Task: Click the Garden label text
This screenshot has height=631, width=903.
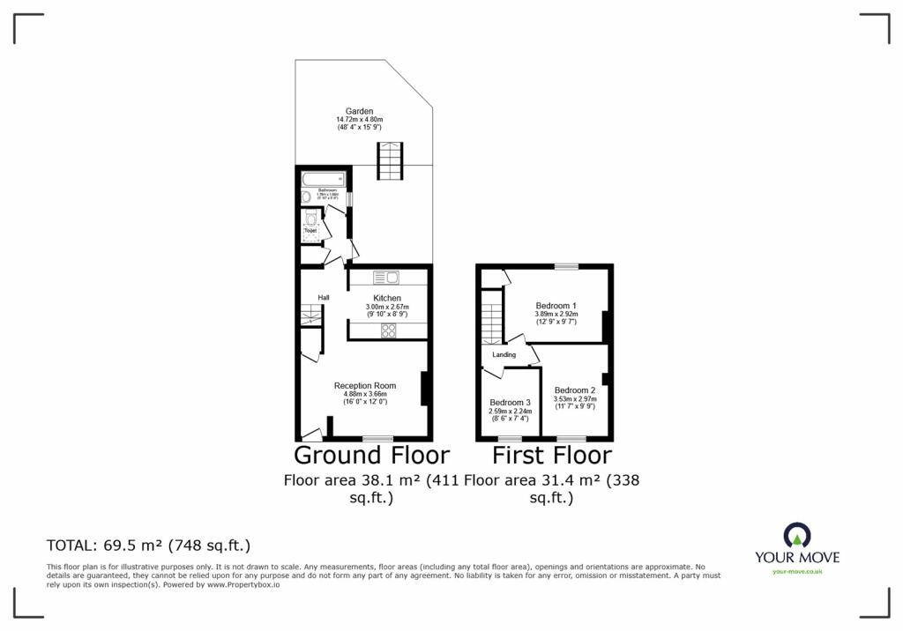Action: (359, 111)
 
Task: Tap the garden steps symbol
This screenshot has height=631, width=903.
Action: (390, 160)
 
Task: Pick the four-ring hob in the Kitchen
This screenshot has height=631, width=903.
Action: (387, 330)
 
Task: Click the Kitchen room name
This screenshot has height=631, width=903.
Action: (387, 299)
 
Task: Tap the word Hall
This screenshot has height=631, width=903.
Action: (324, 298)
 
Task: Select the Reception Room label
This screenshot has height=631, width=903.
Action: (364, 385)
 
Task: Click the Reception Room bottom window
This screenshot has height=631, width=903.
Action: (377, 438)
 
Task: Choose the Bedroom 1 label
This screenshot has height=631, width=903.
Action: (556, 306)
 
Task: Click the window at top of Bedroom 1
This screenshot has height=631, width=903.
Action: (566, 266)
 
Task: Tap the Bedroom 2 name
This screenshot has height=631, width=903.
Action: (575, 390)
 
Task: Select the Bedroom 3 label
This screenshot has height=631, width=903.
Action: (510, 403)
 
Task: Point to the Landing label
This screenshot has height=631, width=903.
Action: (504, 355)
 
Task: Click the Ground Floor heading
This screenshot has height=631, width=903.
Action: (371, 456)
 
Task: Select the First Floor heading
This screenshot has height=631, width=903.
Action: (551, 456)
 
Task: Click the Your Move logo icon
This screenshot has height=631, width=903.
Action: (796, 534)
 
